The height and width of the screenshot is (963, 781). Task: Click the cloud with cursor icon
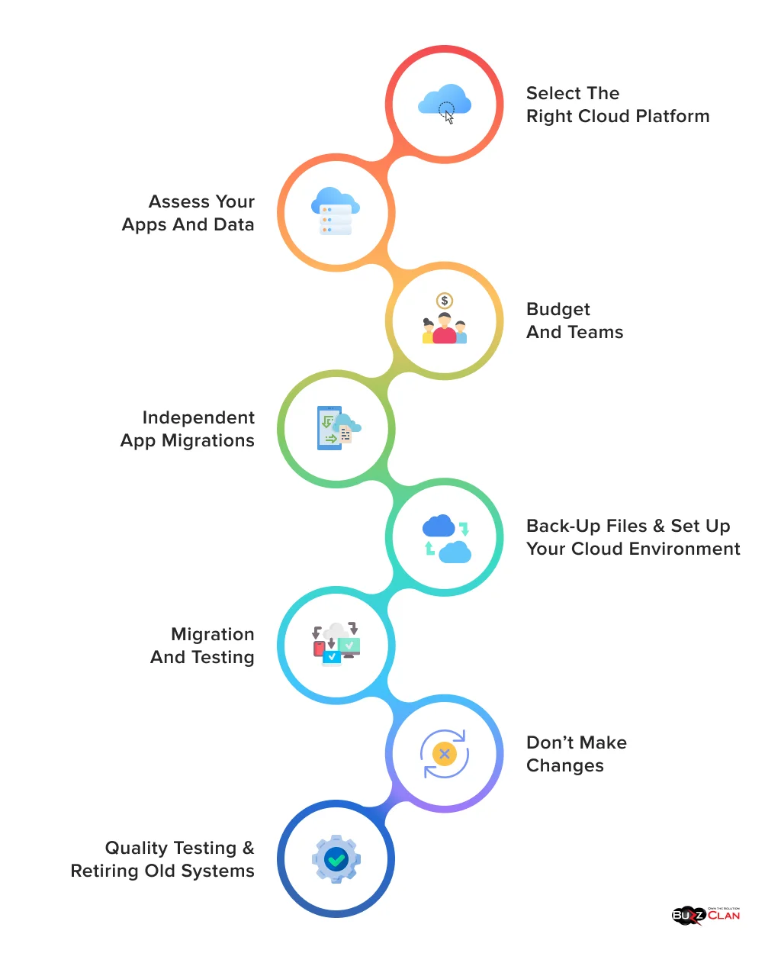[x=445, y=103]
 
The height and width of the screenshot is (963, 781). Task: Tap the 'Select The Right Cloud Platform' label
[x=617, y=105]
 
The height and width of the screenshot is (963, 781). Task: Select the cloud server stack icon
[x=336, y=211]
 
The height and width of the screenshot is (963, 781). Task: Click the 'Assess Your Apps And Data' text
[x=188, y=213]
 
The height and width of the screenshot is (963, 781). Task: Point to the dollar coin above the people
[x=445, y=301]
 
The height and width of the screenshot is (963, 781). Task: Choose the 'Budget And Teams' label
[x=574, y=320]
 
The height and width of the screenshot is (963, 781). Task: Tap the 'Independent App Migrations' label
[x=188, y=429]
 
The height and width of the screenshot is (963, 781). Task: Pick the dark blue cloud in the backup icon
[x=439, y=526]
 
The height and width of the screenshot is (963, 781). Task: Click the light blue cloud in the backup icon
[x=455, y=552]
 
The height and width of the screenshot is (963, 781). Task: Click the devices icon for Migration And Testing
[x=336, y=644]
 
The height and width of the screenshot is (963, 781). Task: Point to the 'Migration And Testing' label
[x=203, y=646]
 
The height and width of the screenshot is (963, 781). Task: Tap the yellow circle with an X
[x=444, y=754]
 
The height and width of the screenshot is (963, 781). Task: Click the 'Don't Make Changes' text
[x=576, y=754]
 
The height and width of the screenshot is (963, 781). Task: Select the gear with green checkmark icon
[x=336, y=860]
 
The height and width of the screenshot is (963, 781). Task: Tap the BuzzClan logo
[x=705, y=915]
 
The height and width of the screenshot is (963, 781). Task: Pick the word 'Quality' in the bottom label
[x=133, y=849]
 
